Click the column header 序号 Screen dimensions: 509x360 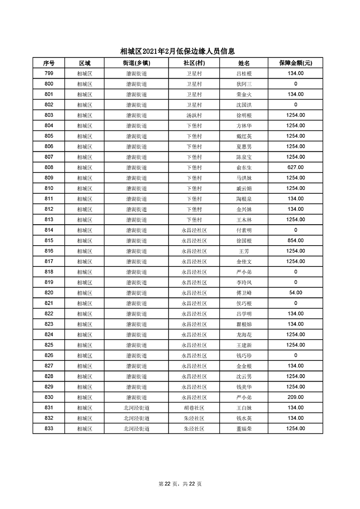pos(49,63)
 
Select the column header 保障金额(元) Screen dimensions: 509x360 pos(296,63)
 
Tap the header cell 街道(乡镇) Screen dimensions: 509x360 pos(136,63)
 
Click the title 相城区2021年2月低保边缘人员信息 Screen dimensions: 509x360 pos(180,51)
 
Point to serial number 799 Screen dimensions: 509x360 pos(49,73)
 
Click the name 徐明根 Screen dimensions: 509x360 pos(244,115)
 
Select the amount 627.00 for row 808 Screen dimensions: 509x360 pos(296,167)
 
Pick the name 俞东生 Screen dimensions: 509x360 pos(244,167)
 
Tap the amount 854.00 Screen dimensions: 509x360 pos(296,240)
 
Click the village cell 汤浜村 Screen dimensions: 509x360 pos(194,115)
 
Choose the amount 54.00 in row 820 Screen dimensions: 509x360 pos(296,293)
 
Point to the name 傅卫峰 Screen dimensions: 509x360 pos(244,293)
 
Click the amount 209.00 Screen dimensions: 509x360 pos(296,397)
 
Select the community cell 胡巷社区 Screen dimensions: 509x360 pos(194,408)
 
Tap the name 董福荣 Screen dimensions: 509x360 pos(244,429)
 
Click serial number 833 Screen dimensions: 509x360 pos(49,429)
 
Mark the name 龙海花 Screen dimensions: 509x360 pos(244,335)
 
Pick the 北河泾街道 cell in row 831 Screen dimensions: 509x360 pos(136,408)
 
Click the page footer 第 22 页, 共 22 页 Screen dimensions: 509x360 pos(180,484)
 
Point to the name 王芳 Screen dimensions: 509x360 pos(244,251)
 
